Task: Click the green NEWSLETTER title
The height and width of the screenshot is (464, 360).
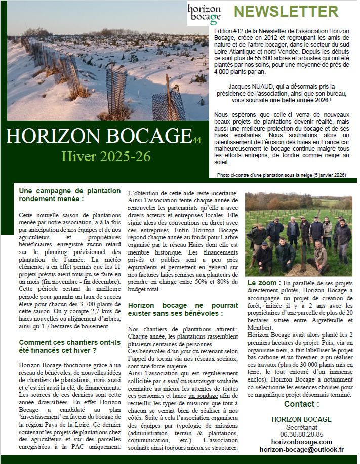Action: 286,12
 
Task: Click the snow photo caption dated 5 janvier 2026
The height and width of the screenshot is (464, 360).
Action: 281,175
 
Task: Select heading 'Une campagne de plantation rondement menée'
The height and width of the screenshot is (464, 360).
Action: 69,195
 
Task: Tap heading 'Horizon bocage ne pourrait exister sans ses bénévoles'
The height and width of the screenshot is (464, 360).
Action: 182,310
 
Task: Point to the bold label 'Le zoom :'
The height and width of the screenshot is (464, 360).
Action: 264,282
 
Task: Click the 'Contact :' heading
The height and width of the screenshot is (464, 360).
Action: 301,404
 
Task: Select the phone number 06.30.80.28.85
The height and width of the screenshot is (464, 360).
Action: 301,434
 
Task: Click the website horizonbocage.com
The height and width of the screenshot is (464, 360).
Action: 301,442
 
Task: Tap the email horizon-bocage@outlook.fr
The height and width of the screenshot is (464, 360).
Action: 301,449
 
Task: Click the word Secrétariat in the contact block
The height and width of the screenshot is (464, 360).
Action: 301,427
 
